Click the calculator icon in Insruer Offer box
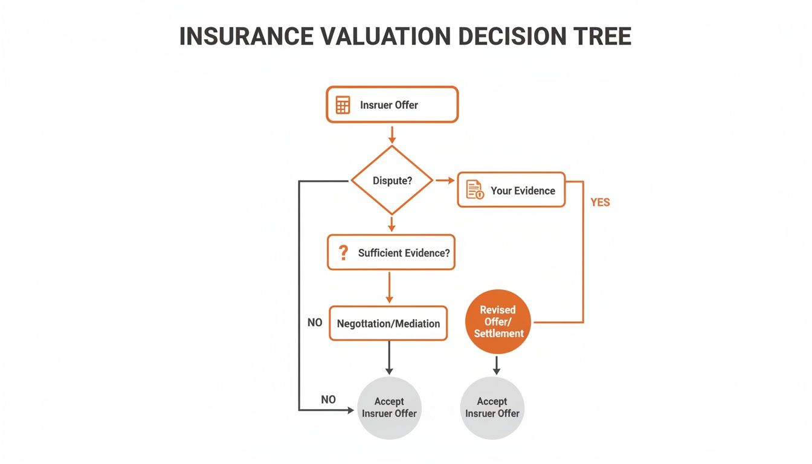click(x=343, y=105)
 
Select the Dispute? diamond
click(x=392, y=180)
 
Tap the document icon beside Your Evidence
click(x=475, y=190)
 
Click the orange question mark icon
click(x=343, y=253)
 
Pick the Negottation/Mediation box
click(x=388, y=323)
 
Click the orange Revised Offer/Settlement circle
click(x=498, y=321)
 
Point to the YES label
click(x=600, y=202)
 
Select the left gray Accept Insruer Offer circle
click(x=389, y=407)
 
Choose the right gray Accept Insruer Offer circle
click(x=492, y=407)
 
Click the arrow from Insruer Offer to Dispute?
click(x=392, y=134)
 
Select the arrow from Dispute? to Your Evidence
click(x=445, y=180)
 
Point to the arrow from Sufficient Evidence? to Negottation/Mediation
click(x=389, y=287)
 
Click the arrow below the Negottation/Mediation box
click(x=389, y=358)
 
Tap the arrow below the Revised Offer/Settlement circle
click(x=497, y=364)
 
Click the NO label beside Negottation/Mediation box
click(x=315, y=323)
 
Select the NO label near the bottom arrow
click(x=328, y=399)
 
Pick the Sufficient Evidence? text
click(x=404, y=253)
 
